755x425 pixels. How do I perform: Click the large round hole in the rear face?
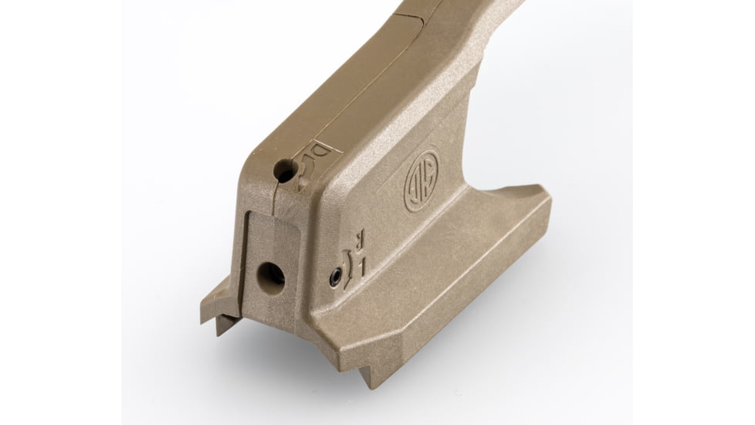tap(270, 274)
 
